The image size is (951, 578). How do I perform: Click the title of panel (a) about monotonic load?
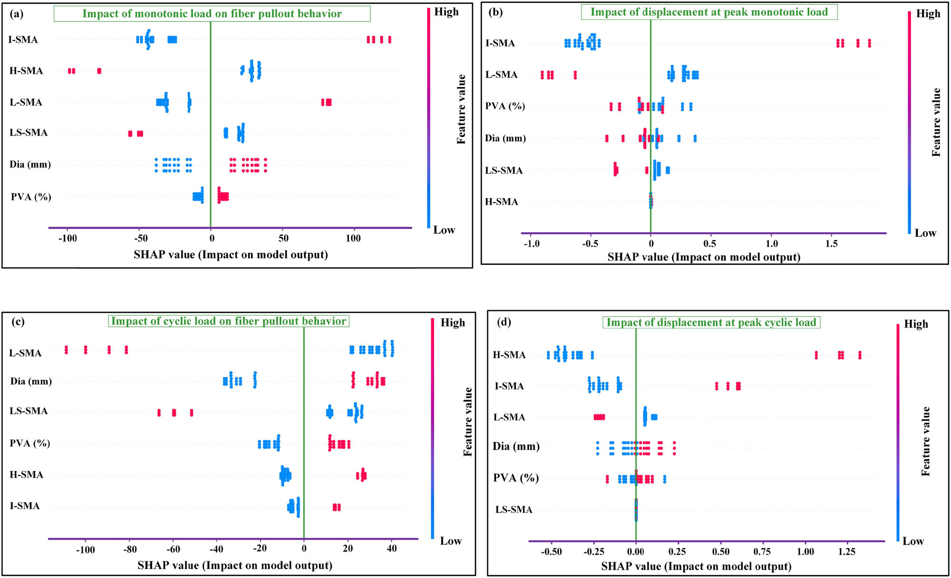(x=212, y=14)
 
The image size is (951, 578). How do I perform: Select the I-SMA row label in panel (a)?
(x=23, y=39)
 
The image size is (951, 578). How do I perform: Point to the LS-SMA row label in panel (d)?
(x=514, y=510)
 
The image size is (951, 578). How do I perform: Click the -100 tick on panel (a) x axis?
(x=68, y=238)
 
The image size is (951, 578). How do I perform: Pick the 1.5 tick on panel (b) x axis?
(x=831, y=244)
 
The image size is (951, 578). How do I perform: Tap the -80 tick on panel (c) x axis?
(x=129, y=549)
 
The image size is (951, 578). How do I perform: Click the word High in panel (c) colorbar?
(x=453, y=323)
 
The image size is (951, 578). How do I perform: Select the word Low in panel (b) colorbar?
(x=925, y=233)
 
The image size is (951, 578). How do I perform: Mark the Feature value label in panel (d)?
(x=925, y=441)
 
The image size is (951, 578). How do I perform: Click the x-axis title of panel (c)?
(x=234, y=565)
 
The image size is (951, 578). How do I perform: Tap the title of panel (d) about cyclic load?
(x=711, y=322)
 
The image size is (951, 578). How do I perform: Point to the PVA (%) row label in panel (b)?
(x=505, y=106)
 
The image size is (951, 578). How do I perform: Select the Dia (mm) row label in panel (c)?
(x=31, y=381)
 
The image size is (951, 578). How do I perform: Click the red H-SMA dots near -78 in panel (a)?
(x=99, y=71)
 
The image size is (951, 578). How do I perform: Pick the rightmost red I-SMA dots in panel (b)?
(x=869, y=43)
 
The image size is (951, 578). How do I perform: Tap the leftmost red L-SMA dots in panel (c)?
(x=67, y=350)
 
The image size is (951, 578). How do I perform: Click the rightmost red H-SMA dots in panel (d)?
(x=860, y=355)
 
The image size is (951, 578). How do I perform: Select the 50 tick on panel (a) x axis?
(x=283, y=238)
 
